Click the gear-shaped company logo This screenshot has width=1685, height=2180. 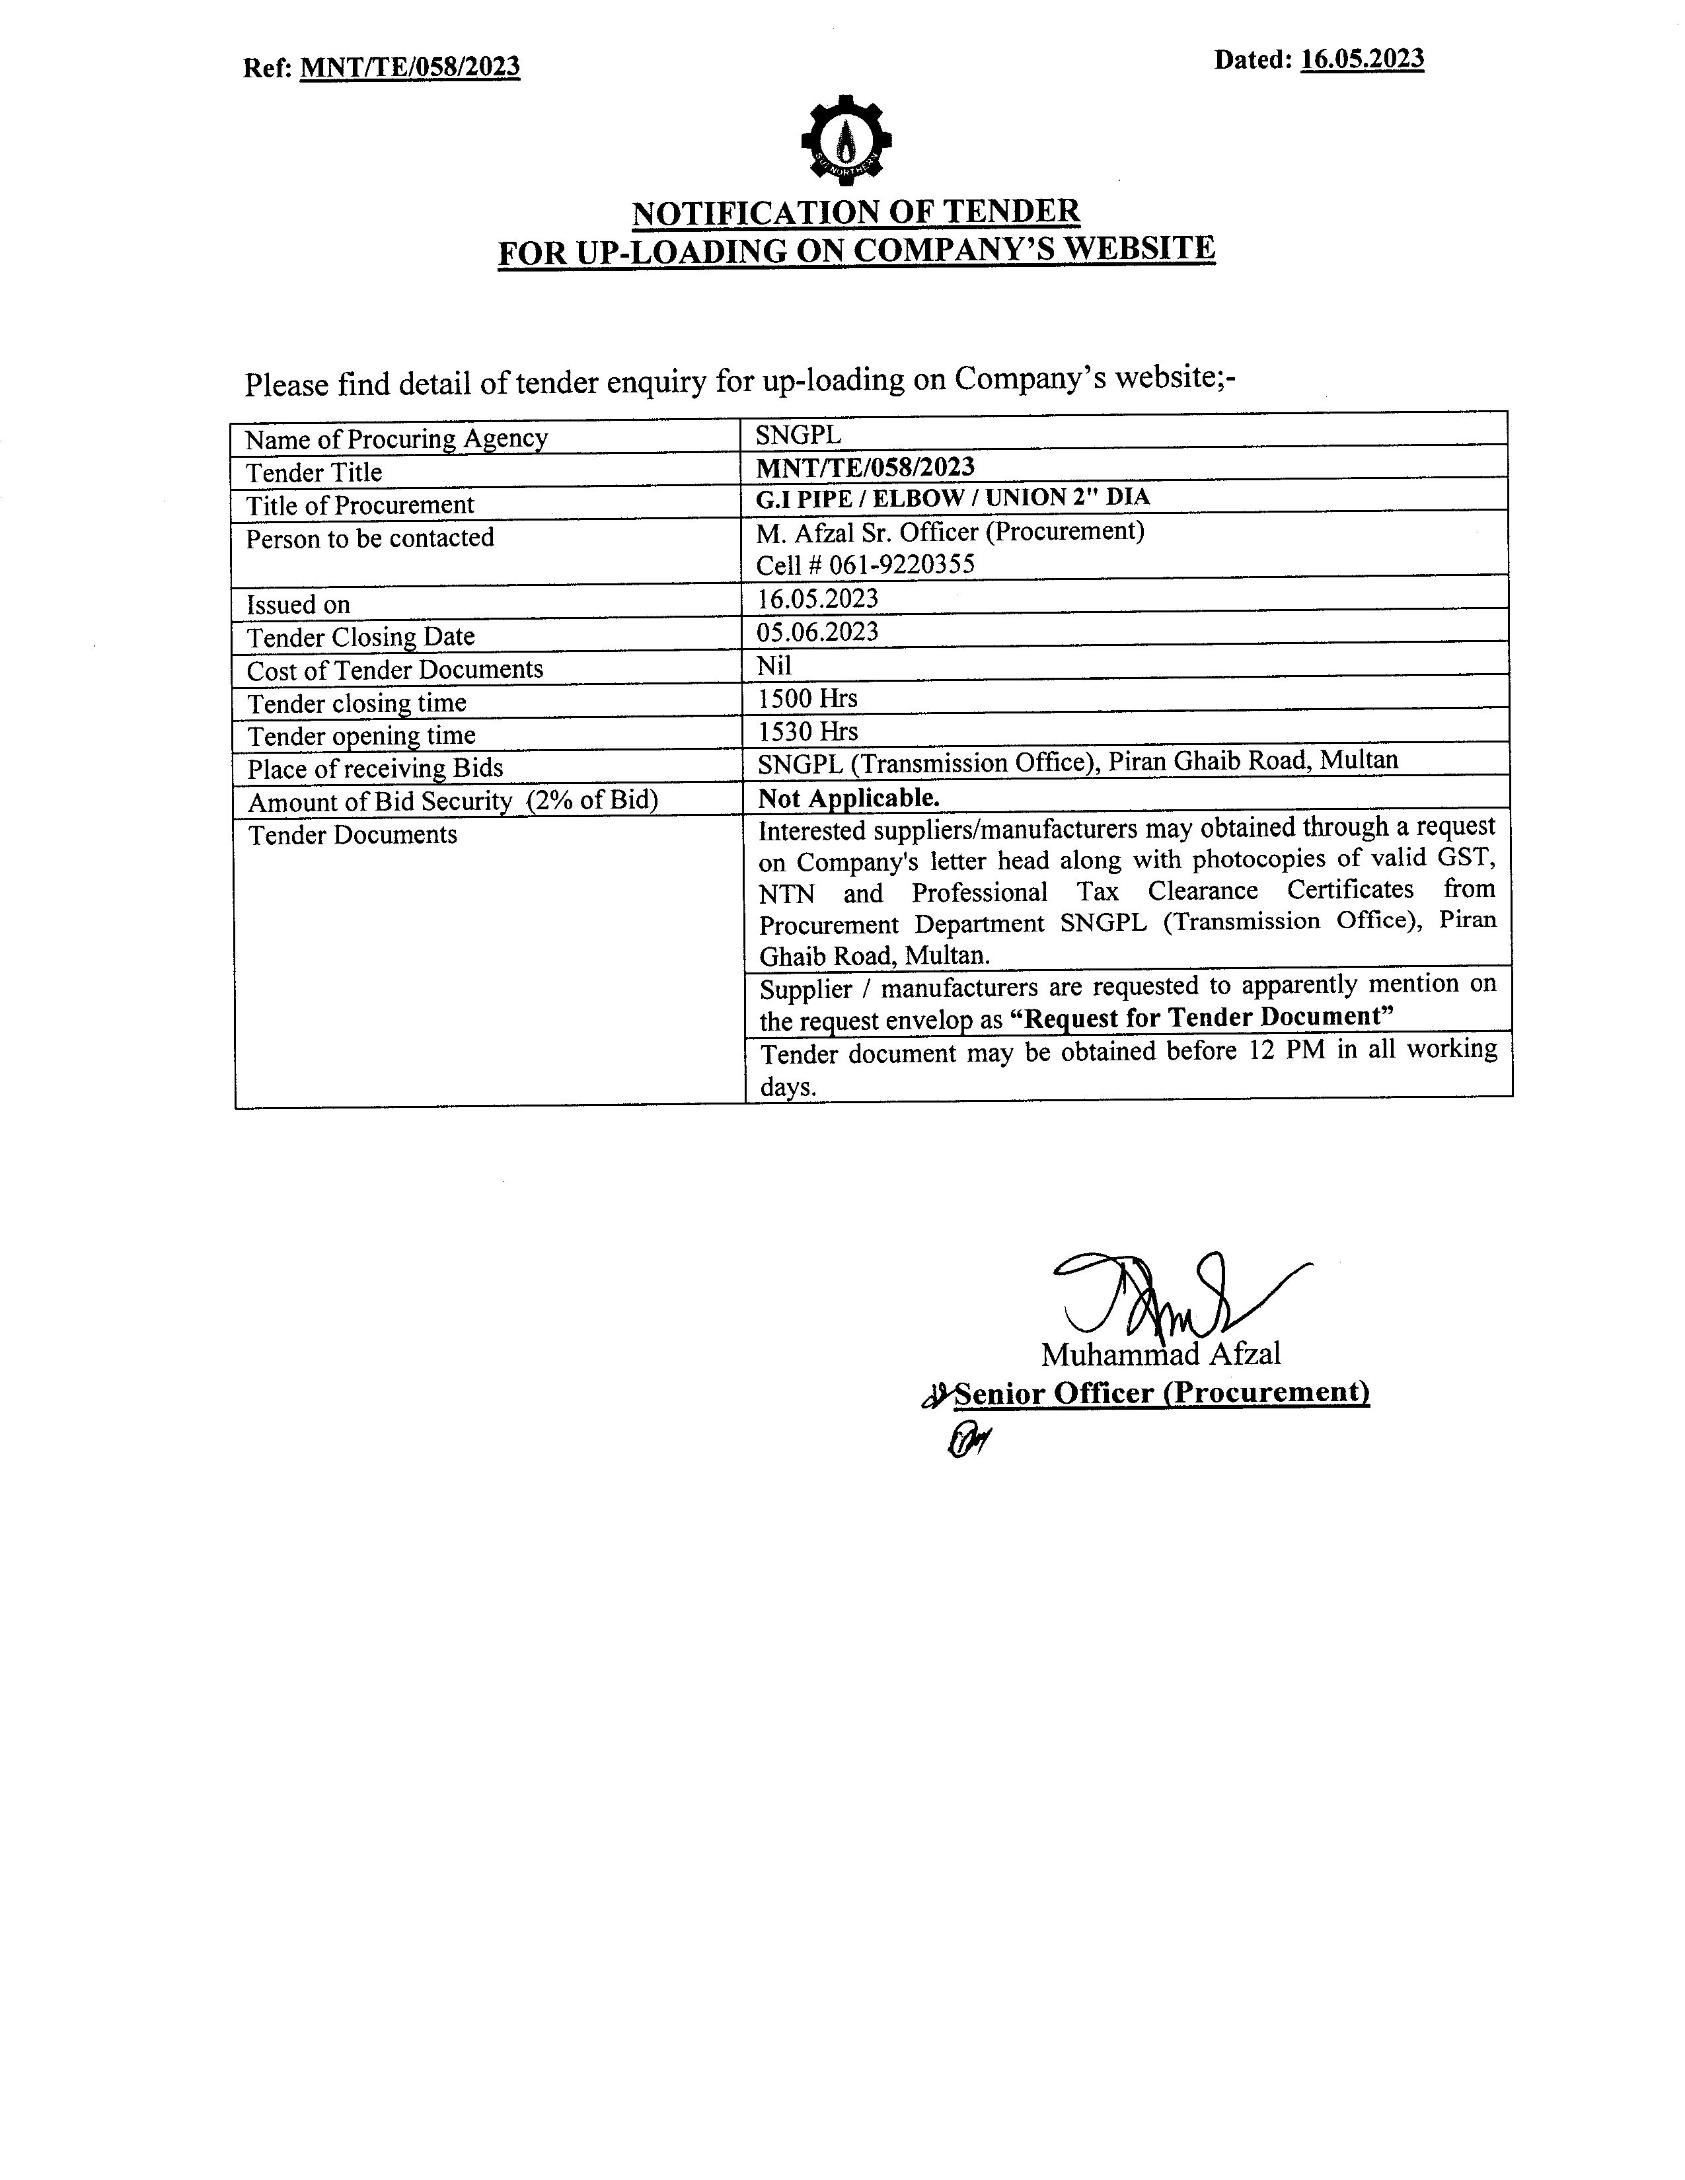(846, 141)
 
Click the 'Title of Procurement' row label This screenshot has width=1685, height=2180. (360, 505)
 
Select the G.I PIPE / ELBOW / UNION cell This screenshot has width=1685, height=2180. (952, 496)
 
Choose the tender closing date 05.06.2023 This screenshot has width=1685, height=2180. (817, 631)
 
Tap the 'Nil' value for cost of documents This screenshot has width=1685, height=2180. (774, 664)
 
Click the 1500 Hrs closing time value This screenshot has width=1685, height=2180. (807, 698)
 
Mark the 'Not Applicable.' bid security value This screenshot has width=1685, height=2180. (848, 797)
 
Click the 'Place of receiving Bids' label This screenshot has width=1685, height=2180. (375, 768)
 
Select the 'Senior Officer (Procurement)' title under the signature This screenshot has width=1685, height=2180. (1162, 1393)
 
